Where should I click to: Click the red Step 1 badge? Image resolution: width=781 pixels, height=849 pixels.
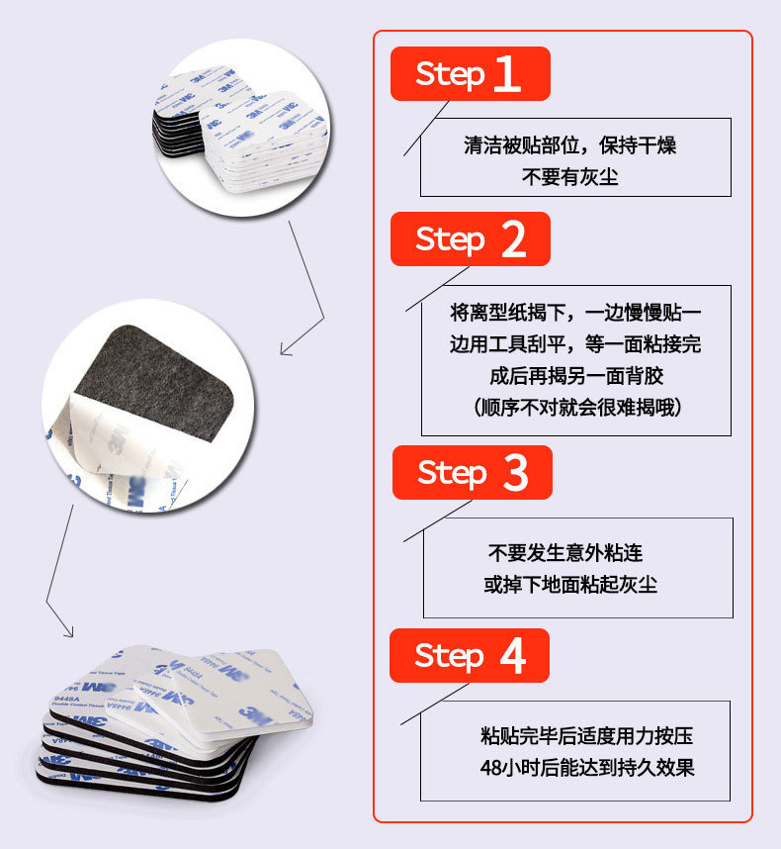pyautogui.click(x=470, y=74)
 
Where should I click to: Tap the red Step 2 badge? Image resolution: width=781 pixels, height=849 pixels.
pyautogui.click(x=470, y=238)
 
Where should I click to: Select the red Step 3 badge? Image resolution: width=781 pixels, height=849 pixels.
pyautogui.click(x=472, y=472)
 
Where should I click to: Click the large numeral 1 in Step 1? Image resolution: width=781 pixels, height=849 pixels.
pyautogui.click(x=506, y=74)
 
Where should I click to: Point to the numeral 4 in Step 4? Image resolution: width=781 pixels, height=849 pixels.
pyautogui.click(x=511, y=655)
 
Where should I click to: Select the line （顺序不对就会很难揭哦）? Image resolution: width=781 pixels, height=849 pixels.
pyautogui.click(x=576, y=407)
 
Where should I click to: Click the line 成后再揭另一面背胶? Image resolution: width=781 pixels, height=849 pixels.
pyautogui.click(x=576, y=376)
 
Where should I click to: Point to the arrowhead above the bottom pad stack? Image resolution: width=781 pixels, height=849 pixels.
pyautogui.click(x=69, y=632)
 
